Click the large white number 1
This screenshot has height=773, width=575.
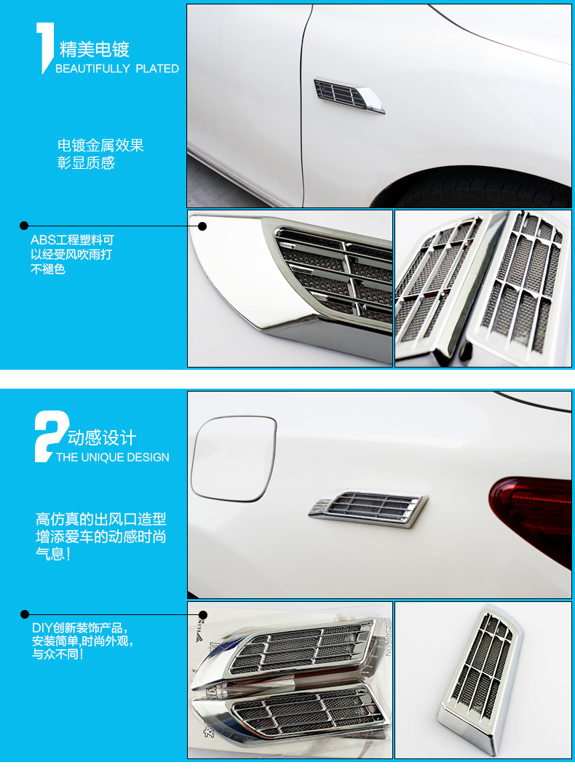click(45, 48)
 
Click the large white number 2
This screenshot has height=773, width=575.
click(51, 436)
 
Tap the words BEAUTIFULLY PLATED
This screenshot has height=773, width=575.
click(117, 68)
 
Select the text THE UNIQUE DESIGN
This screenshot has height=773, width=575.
click(112, 457)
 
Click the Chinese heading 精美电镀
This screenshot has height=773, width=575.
click(94, 49)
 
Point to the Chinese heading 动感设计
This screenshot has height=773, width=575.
click(102, 437)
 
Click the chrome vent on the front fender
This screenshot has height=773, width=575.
click(349, 95)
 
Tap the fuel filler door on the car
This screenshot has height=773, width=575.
click(233, 459)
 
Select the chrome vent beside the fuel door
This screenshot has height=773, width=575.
click(368, 508)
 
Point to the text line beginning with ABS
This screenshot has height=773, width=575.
click(72, 240)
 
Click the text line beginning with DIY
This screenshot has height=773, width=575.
click(80, 628)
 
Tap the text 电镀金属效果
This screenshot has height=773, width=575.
click(100, 146)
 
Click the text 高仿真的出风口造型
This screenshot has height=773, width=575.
click(101, 519)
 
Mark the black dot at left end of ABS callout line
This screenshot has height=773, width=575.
click(24, 226)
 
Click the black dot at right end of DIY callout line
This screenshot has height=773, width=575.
click(203, 615)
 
